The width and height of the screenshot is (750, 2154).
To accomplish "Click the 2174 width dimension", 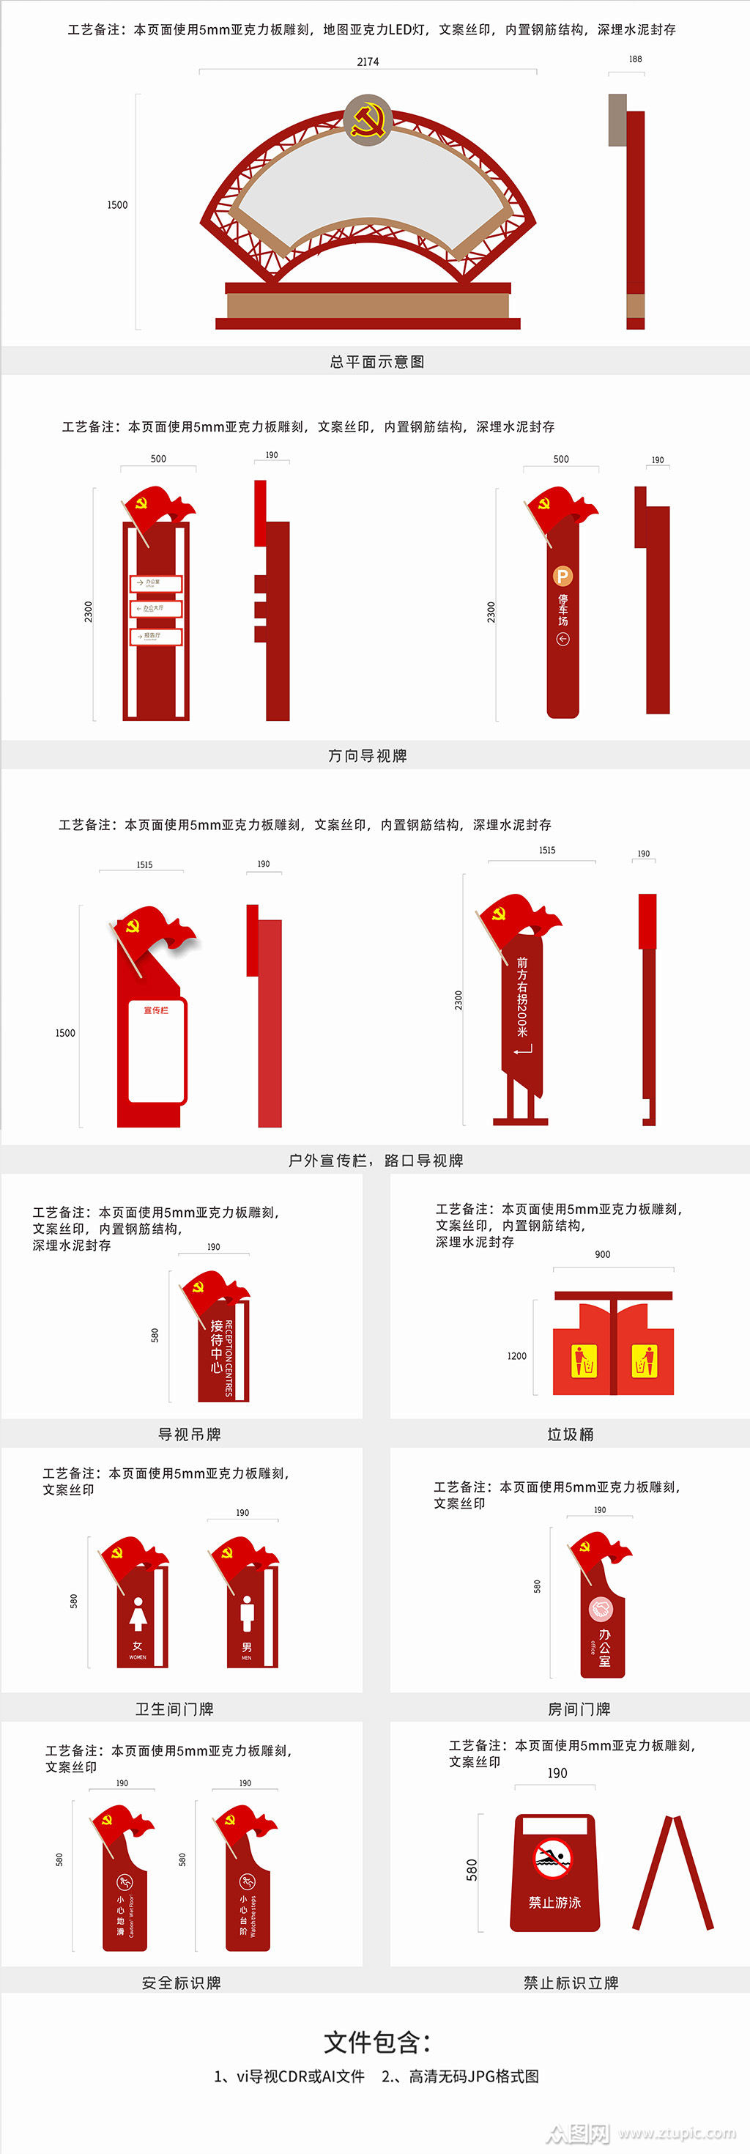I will (x=368, y=62).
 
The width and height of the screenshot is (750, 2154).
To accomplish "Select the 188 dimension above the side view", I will (x=636, y=59).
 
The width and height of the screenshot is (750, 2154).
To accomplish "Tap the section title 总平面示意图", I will (x=377, y=361).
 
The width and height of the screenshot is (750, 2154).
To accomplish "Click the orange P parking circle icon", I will (x=562, y=575).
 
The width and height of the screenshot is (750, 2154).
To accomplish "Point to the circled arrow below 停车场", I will (x=562, y=640).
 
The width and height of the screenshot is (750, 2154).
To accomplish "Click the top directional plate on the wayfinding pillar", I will (x=155, y=582).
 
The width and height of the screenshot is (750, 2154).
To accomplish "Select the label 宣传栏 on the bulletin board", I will (x=156, y=1010).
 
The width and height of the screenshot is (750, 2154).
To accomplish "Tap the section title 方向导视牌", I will (x=368, y=755).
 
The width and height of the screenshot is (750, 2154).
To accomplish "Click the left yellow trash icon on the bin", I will (x=584, y=1361).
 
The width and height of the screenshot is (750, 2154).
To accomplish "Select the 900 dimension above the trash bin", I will (x=602, y=1254).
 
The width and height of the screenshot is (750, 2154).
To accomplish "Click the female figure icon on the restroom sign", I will (x=138, y=1614).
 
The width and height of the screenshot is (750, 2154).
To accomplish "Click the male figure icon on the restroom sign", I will (x=247, y=1614).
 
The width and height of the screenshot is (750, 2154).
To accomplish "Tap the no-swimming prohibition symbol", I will (x=554, y=1859).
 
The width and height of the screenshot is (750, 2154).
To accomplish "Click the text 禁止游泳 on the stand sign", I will (x=554, y=1902).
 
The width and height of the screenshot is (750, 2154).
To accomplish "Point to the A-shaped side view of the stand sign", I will (x=673, y=1873).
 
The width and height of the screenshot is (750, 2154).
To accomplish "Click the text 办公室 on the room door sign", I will (x=604, y=1647).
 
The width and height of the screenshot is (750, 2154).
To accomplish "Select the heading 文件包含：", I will (x=377, y=2042).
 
